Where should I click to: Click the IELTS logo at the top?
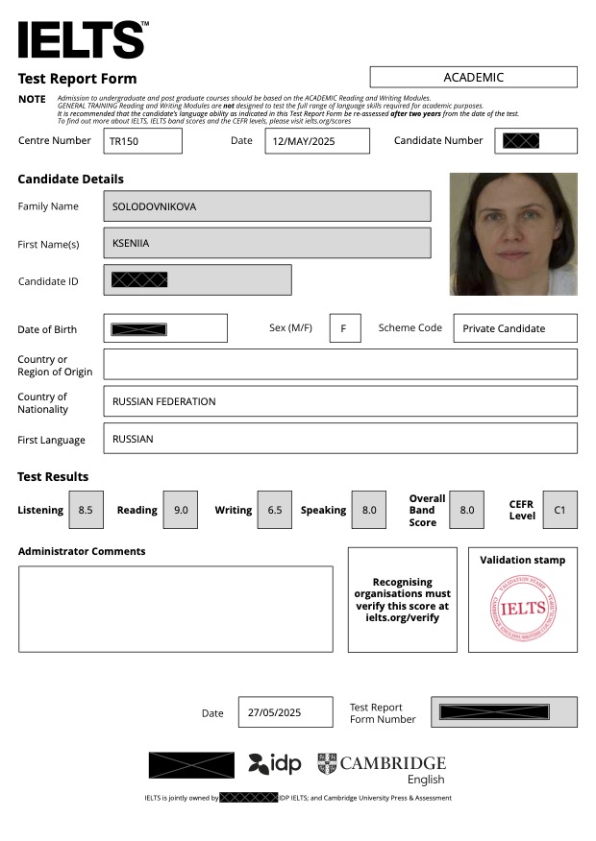(x=82, y=38)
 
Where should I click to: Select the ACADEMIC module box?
(x=473, y=77)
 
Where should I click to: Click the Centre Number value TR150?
(x=142, y=141)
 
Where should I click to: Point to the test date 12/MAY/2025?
(x=316, y=141)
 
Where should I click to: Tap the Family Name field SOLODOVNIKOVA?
(x=266, y=205)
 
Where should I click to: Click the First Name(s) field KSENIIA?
(x=266, y=243)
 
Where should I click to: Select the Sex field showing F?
(x=344, y=328)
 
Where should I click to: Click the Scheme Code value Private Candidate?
(x=514, y=328)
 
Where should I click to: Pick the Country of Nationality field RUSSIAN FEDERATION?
(x=339, y=401)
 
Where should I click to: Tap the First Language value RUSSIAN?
(x=339, y=439)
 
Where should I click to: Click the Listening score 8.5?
(x=86, y=510)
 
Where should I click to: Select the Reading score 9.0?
(x=180, y=510)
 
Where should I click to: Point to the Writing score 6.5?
(x=275, y=510)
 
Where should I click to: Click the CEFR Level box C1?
(x=559, y=510)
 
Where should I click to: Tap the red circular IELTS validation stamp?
(x=523, y=608)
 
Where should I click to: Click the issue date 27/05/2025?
(x=285, y=712)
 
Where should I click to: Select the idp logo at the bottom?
(x=275, y=764)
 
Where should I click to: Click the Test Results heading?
(x=53, y=477)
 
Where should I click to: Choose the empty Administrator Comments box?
(x=175, y=609)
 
